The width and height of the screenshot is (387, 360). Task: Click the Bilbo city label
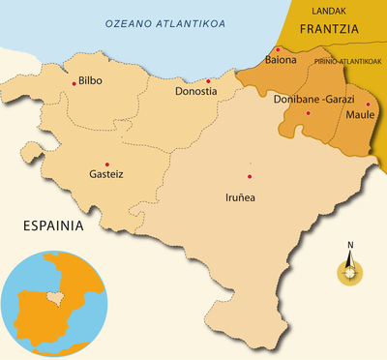click(x=90, y=79)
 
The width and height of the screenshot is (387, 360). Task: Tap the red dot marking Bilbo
click(x=74, y=83)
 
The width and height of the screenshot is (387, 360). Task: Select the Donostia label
click(x=196, y=92)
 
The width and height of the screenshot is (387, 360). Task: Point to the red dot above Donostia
click(x=208, y=81)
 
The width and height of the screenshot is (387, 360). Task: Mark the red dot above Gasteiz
click(x=106, y=164)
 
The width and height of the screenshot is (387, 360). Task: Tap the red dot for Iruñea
click(x=250, y=176)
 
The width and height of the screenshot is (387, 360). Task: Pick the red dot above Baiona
click(x=278, y=49)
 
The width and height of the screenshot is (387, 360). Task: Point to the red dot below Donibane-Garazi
click(x=308, y=113)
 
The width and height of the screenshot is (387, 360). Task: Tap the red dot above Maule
click(x=368, y=104)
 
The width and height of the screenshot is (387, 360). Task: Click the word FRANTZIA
click(x=329, y=29)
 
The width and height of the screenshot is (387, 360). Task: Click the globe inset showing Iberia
click(x=52, y=305)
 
